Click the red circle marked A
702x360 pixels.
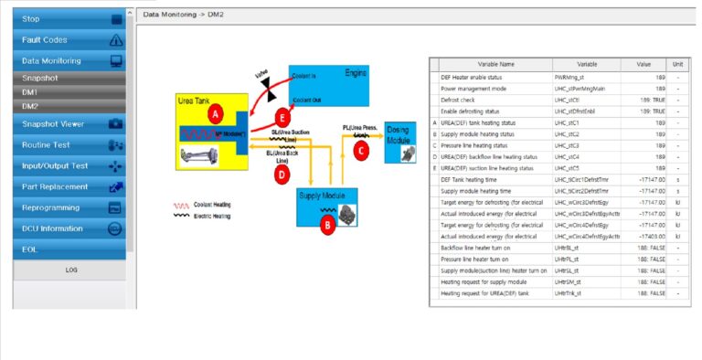215,114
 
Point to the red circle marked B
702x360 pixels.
326,227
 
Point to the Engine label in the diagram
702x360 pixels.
356,72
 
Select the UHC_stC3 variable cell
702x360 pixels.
586,145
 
